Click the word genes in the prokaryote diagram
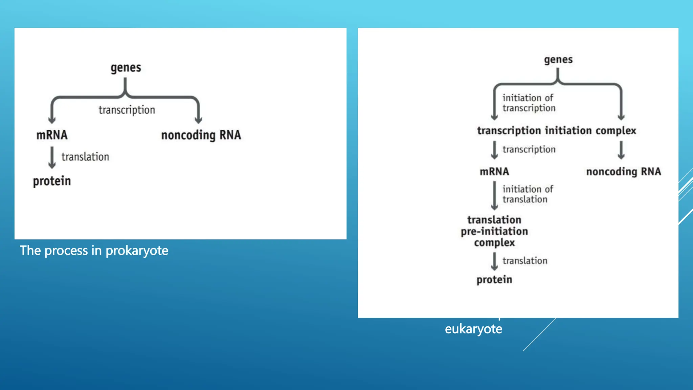(x=126, y=68)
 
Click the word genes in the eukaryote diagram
(x=558, y=60)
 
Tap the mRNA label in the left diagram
(x=52, y=135)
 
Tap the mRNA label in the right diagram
(x=494, y=172)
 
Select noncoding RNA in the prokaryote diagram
(x=201, y=135)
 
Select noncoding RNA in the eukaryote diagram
(x=623, y=172)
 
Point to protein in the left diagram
(x=52, y=181)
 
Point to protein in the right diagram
(x=494, y=280)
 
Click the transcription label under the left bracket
(x=127, y=110)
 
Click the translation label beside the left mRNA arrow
(x=85, y=157)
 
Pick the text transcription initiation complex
(x=557, y=131)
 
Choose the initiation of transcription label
(x=529, y=103)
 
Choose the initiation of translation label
(x=527, y=194)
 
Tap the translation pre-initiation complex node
(x=494, y=231)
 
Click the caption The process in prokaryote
(x=94, y=251)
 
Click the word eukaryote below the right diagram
(x=473, y=329)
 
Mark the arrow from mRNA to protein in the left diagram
(x=52, y=157)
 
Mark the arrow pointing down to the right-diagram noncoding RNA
(x=621, y=150)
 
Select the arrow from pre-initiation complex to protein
(x=494, y=261)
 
